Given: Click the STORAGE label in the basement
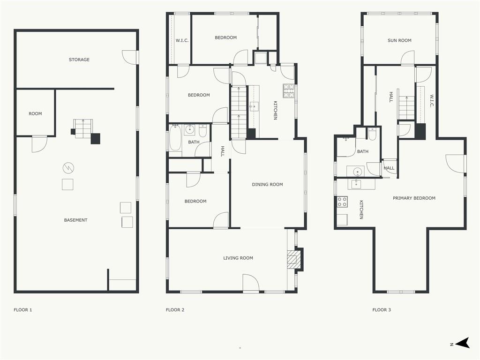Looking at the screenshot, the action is pyautogui.click(x=79, y=60).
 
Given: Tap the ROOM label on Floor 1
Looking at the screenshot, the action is pyautogui.click(x=35, y=113).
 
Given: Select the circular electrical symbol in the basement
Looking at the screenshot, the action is pyautogui.click(x=68, y=168).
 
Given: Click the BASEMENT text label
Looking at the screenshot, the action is pyautogui.click(x=75, y=220).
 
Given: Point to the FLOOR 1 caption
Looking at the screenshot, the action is pyautogui.click(x=22, y=310).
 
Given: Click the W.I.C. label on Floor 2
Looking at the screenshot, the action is pyautogui.click(x=182, y=40).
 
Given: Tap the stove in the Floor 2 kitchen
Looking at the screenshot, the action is pyautogui.click(x=288, y=91).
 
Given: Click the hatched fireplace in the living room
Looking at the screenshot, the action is pyautogui.click(x=292, y=258).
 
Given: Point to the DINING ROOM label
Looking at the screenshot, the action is pyautogui.click(x=267, y=185).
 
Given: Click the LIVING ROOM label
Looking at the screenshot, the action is pyautogui.click(x=238, y=258).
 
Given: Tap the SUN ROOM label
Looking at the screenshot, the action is pyautogui.click(x=399, y=40).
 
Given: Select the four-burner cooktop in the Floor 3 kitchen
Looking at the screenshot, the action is pyautogui.click(x=342, y=202).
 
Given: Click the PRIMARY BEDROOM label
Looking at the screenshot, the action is pyautogui.click(x=414, y=198).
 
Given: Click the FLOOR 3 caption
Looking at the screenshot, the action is pyautogui.click(x=382, y=310).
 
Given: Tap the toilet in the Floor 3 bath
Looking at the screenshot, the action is pyautogui.click(x=372, y=134).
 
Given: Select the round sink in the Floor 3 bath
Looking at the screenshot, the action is pyautogui.click(x=357, y=172).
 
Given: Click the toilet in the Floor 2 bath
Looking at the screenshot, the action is pyautogui.click(x=202, y=131).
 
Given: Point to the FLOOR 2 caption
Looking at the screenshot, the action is pyautogui.click(x=175, y=310).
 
